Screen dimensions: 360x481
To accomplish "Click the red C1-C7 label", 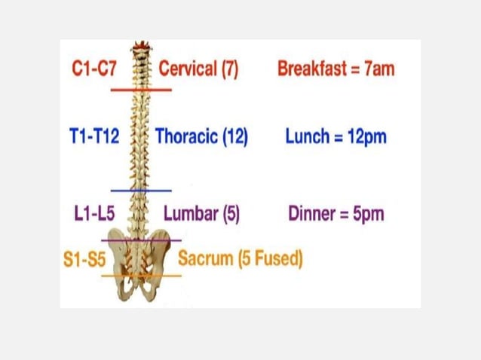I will click(x=94, y=69).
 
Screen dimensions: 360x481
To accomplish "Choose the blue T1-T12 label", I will click(x=93, y=137).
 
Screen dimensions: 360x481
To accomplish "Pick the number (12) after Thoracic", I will click(x=234, y=137).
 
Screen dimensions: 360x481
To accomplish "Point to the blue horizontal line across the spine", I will click(x=141, y=191).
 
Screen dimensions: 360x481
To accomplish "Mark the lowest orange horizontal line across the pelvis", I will click(x=141, y=276).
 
